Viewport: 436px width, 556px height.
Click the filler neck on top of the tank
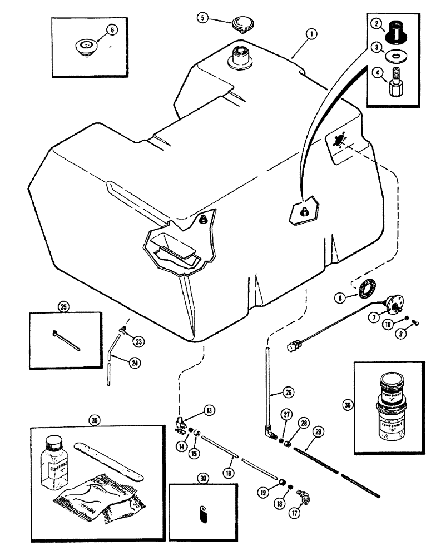coord(239,58)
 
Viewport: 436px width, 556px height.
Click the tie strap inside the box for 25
coord(66,341)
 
